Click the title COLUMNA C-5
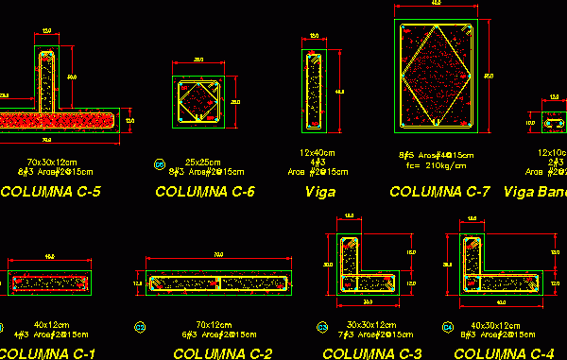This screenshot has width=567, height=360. [x=51, y=193]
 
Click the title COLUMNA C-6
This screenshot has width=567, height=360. [x=205, y=193]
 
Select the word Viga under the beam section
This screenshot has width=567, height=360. [x=320, y=192]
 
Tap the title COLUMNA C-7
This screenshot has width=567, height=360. [x=439, y=192]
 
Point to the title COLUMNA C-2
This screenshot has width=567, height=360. [x=222, y=353]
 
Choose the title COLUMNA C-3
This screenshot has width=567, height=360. [x=371, y=353]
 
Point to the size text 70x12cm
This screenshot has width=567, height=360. [x=216, y=325]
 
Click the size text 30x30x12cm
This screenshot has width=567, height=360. [x=369, y=325]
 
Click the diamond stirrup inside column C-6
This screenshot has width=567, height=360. [x=199, y=102]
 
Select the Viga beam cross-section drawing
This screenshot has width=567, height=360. [x=314, y=91]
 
